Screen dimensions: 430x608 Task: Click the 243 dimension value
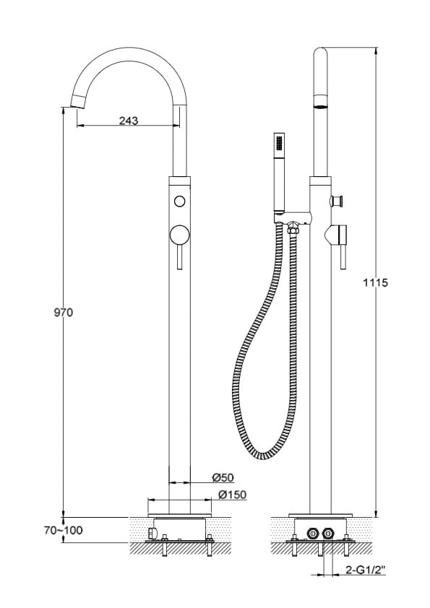(129, 121)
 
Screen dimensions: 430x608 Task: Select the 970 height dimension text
(64, 312)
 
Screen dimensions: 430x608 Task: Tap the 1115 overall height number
(375, 282)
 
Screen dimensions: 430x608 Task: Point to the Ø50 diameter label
(223, 477)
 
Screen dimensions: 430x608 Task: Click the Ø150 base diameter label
(232, 495)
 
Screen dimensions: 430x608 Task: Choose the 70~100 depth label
(64, 530)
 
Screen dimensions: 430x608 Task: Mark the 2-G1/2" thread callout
(365, 570)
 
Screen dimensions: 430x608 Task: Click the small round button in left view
(179, 201)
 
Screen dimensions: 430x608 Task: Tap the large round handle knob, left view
(180, 235)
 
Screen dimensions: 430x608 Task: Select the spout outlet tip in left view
(78, 100)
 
